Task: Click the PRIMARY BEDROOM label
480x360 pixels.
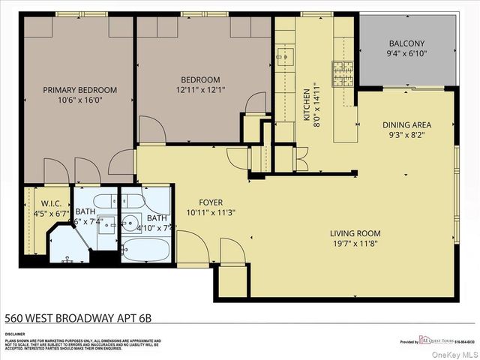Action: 79,90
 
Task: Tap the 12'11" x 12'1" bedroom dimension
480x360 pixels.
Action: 200,90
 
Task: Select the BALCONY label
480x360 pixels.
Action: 406,43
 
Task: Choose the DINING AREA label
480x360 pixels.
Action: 406,125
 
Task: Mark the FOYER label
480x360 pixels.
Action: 211,202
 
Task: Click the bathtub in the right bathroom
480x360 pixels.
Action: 147,250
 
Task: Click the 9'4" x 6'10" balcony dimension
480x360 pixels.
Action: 406,53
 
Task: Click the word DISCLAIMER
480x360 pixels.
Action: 15,334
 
